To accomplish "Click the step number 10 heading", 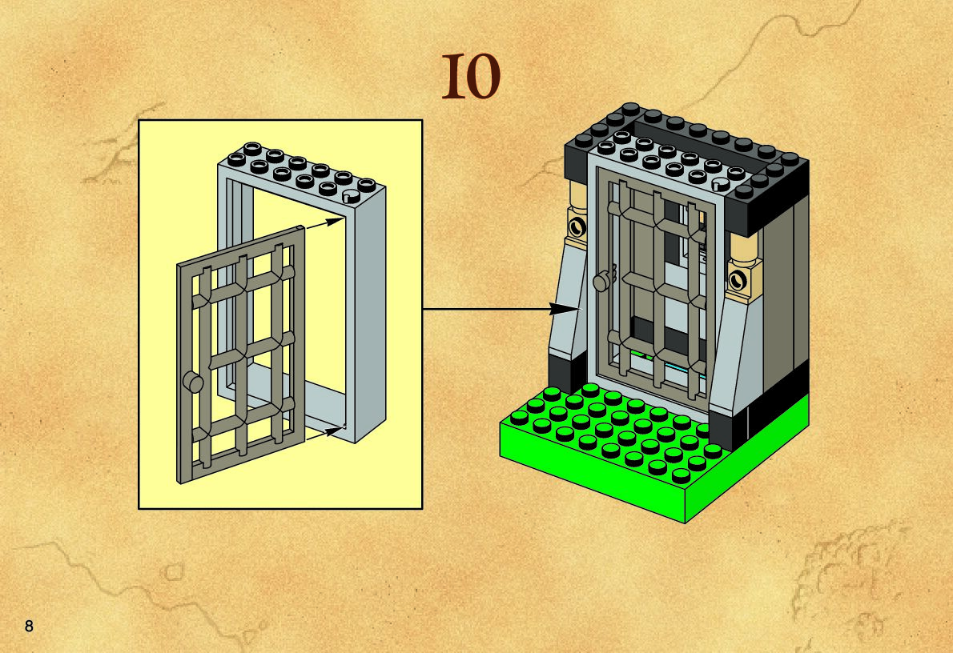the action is click(x=471, y=78).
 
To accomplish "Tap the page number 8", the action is click(x=29, y=626).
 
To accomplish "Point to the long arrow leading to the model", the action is click(x=497, y=308).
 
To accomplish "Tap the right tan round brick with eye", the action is click(x=738, y=280).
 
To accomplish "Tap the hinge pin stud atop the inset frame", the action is click(x=350, y=197).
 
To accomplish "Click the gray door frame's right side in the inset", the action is click(x=368, y=320).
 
